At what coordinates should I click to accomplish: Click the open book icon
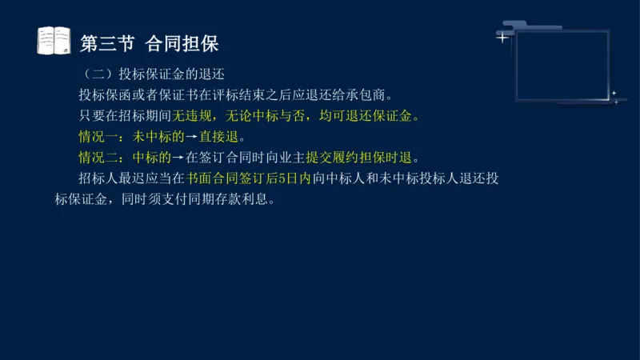tap(54, 41)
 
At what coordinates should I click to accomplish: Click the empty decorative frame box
tap(563, 66)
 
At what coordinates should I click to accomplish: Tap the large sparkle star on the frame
tap(502, 37)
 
